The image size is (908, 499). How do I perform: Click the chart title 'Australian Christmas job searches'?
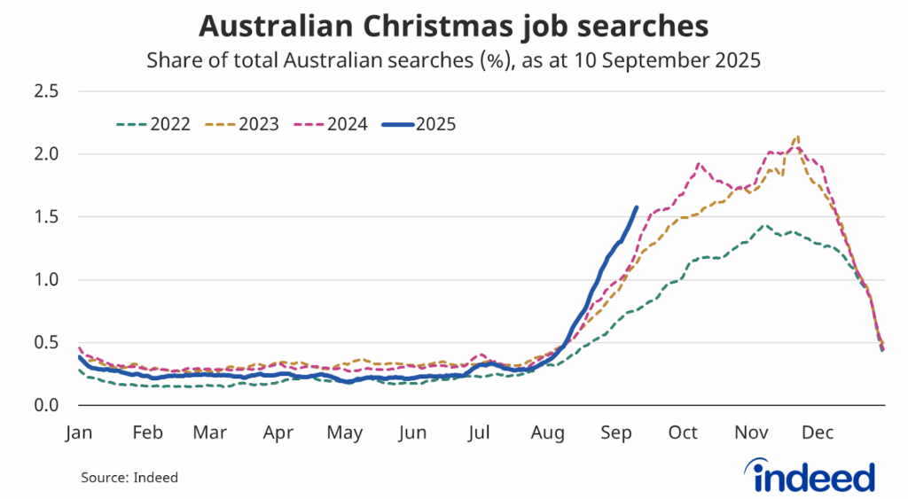point(453,25)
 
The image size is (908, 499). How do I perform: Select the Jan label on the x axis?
point(80,433)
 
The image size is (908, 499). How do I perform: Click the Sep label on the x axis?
point(615,433)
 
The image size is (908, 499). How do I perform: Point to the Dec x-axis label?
point(817,433)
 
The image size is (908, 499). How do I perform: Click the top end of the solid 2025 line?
point(636,207)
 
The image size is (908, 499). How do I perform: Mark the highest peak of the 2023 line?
point(798,136)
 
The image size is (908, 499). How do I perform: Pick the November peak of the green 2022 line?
point(763,225)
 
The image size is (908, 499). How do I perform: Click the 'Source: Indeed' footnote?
point(129,478)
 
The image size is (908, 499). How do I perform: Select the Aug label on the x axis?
point(547,433)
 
